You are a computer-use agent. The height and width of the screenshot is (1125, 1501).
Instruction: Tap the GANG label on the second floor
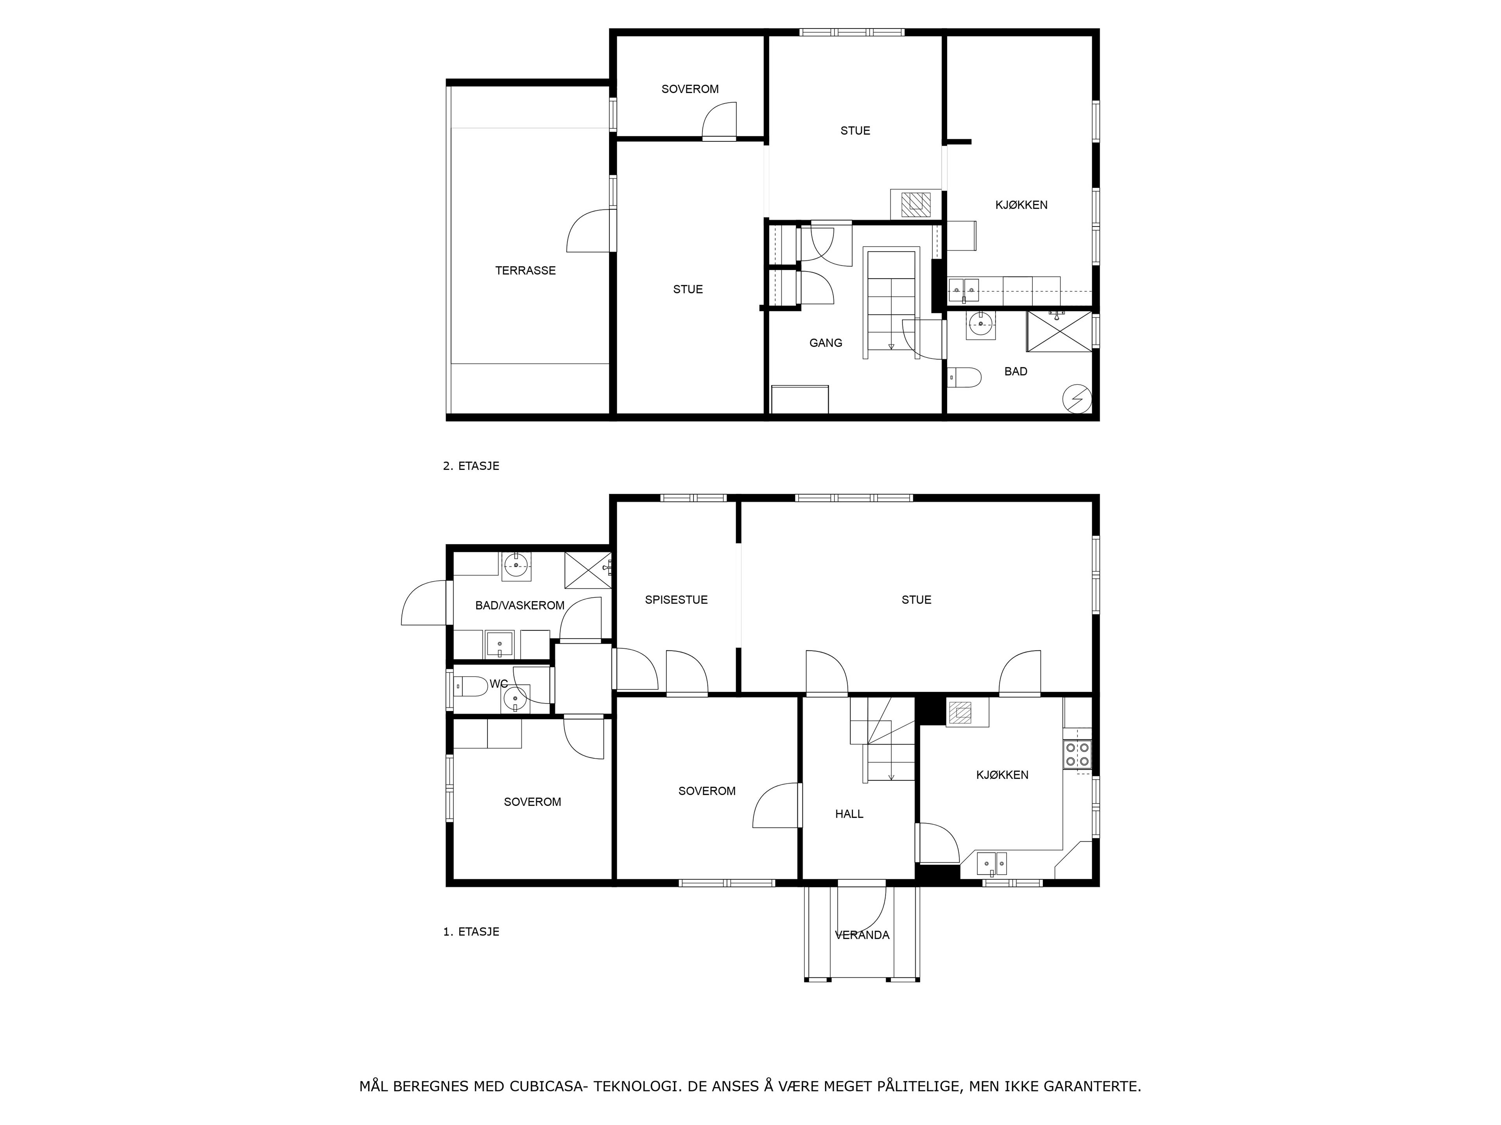[x=826, y=343]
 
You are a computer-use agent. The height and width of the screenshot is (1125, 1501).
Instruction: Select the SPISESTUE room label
[x=676, y=600]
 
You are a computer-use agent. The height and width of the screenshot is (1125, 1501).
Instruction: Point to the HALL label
[x=849, y=814]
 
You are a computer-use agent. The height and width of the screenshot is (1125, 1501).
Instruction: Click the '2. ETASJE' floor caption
[x=471, y=466]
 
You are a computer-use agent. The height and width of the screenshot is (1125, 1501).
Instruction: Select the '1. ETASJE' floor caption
[x=471, y=932]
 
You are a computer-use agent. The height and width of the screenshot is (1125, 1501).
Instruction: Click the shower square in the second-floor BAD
[x=1059, y=332]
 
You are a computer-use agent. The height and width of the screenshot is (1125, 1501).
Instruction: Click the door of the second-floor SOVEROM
[x=718, y=122]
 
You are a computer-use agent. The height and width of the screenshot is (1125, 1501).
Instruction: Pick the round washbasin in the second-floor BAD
[x=980, y=324]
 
